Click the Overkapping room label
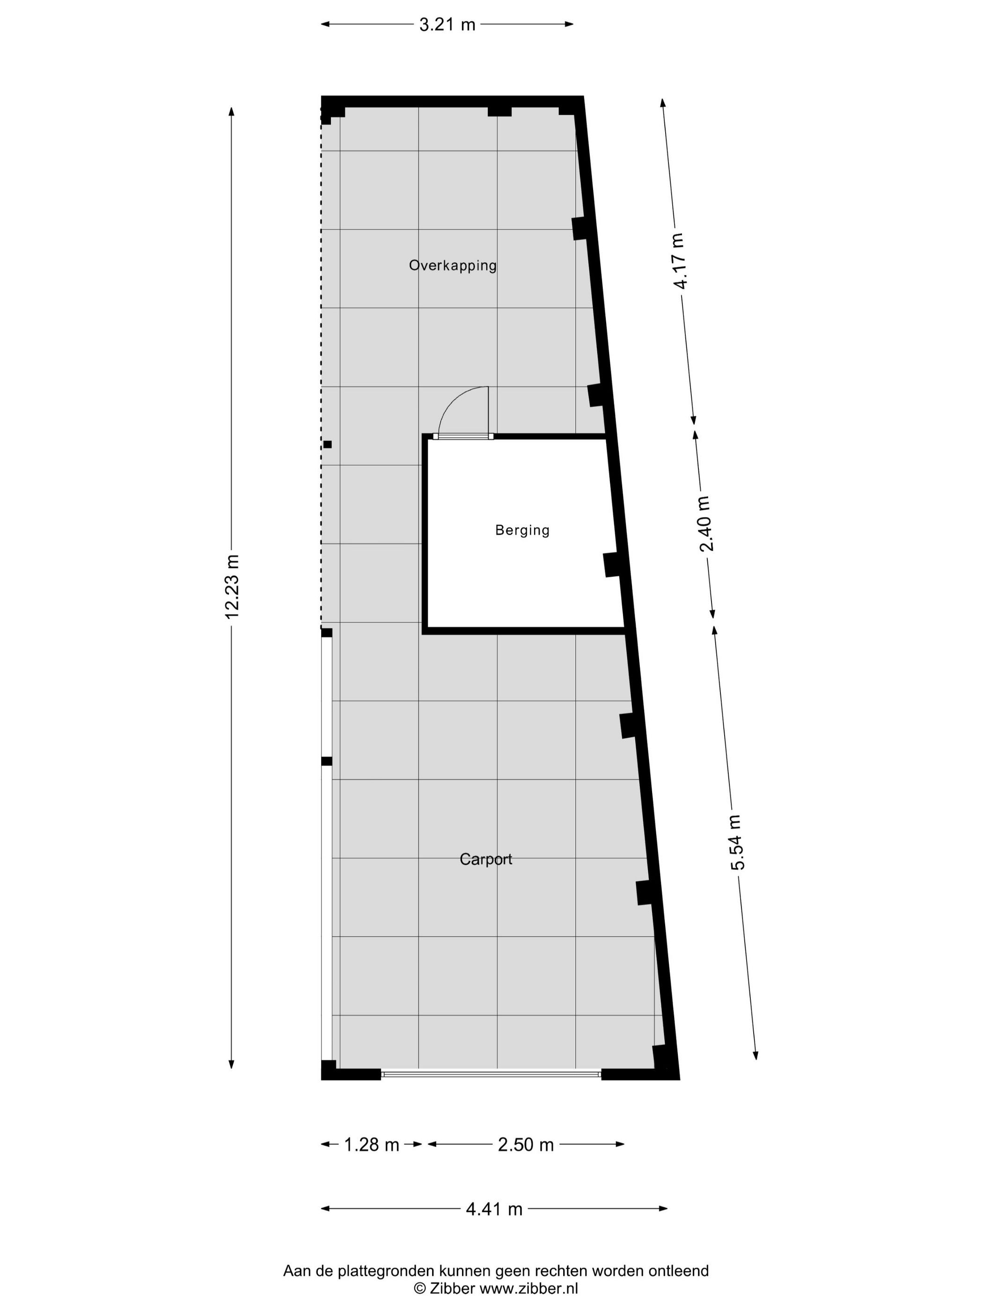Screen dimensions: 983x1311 click(x=453, y=265)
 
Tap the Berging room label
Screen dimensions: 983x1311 click(x=522, y=530)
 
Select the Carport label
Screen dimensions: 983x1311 click(x=486, y=859)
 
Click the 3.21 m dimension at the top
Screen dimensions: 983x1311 click(x=447, y=24)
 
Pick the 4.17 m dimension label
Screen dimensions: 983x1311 click(x=678, y=261)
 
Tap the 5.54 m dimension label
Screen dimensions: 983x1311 click(x=736, y=842)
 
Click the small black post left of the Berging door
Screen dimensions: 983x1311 click(x=328, y=444)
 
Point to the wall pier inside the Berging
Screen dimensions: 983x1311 click(x=611, y=564)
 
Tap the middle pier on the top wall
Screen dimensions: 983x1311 click(x=499, y=111)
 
